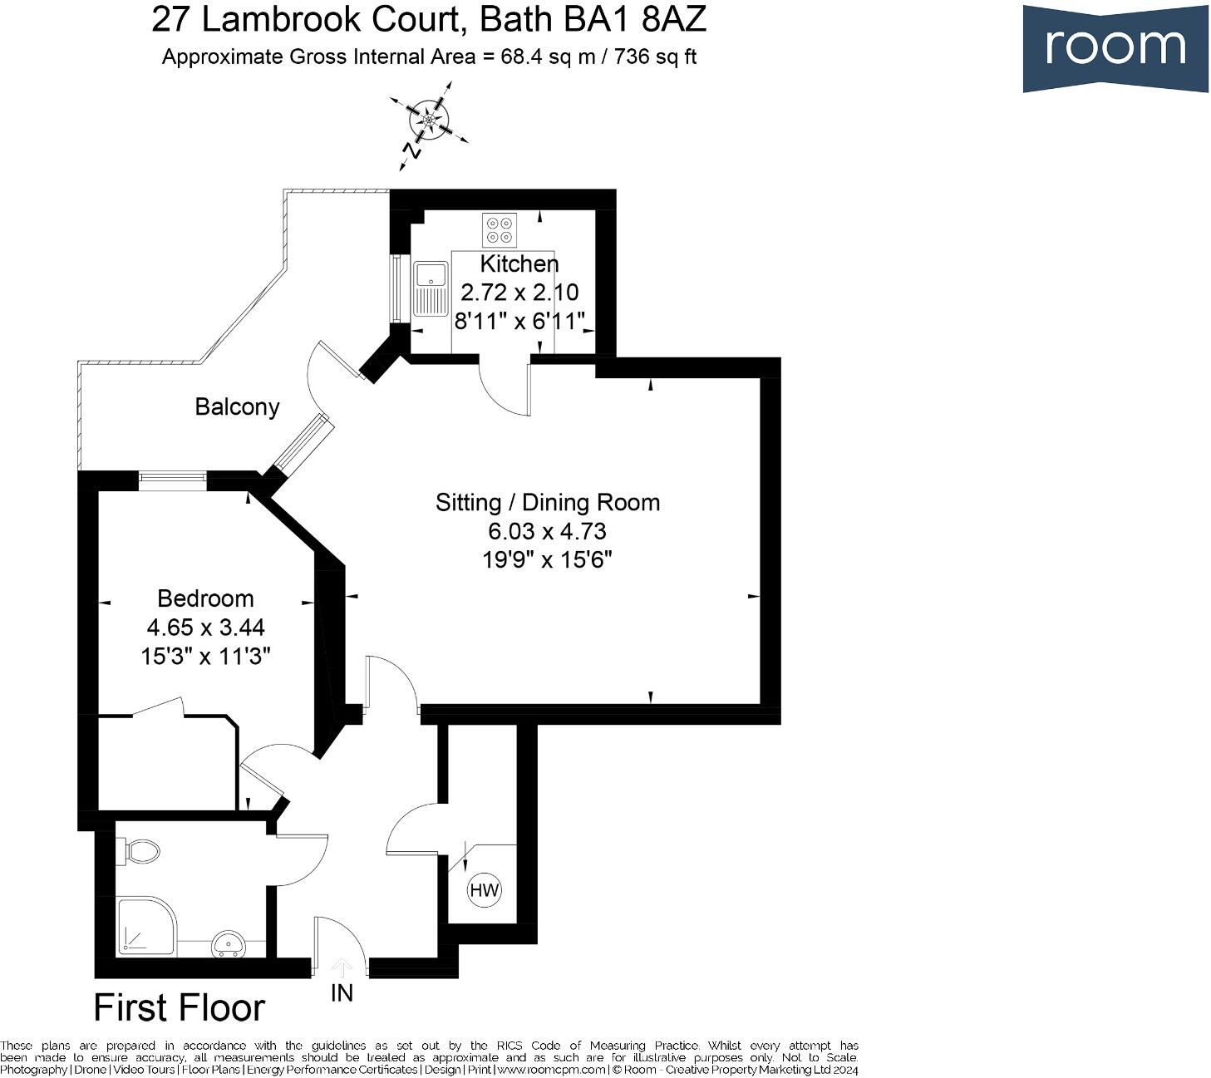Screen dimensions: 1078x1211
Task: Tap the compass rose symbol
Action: coord(430,121)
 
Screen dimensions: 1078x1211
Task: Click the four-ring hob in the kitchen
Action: coord(500,229)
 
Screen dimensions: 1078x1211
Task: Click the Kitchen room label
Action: coord(519,264)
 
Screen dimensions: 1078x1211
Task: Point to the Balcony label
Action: coord(237,407)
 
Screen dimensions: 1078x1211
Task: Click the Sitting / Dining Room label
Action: coord(548,502)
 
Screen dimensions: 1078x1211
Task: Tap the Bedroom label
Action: coord(205,598)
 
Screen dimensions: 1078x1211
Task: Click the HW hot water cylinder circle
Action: coord(485,890)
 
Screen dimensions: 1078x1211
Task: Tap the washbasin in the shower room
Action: coord(228,944)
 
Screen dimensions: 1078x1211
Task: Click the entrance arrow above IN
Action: coord(342,967)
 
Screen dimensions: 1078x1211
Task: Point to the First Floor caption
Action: coord(180,1007)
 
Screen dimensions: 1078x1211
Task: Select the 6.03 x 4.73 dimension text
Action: coord(548,531)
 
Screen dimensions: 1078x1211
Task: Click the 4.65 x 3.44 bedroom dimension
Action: coord(205,628)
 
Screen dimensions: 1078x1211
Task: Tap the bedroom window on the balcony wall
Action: coord(172,477)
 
